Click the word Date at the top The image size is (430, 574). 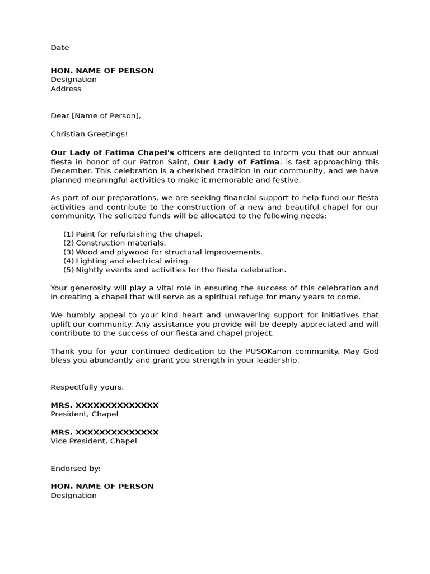(60, 48)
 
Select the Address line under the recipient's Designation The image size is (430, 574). (66, 89)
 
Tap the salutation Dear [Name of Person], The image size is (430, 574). (96, 115)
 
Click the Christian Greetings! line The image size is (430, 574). (89, 133)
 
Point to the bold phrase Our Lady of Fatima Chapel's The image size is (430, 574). (113, 152)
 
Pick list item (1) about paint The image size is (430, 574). (133, 234)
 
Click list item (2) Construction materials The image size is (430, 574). (114, 243)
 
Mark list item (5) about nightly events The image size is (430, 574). (174, 270)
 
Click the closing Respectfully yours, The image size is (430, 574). (87, 387)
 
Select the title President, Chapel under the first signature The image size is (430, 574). (84, 414)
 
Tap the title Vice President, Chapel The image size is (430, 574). (94, 441)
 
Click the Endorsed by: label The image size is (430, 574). (76, 468)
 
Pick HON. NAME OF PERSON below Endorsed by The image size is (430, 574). (102, 486)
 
